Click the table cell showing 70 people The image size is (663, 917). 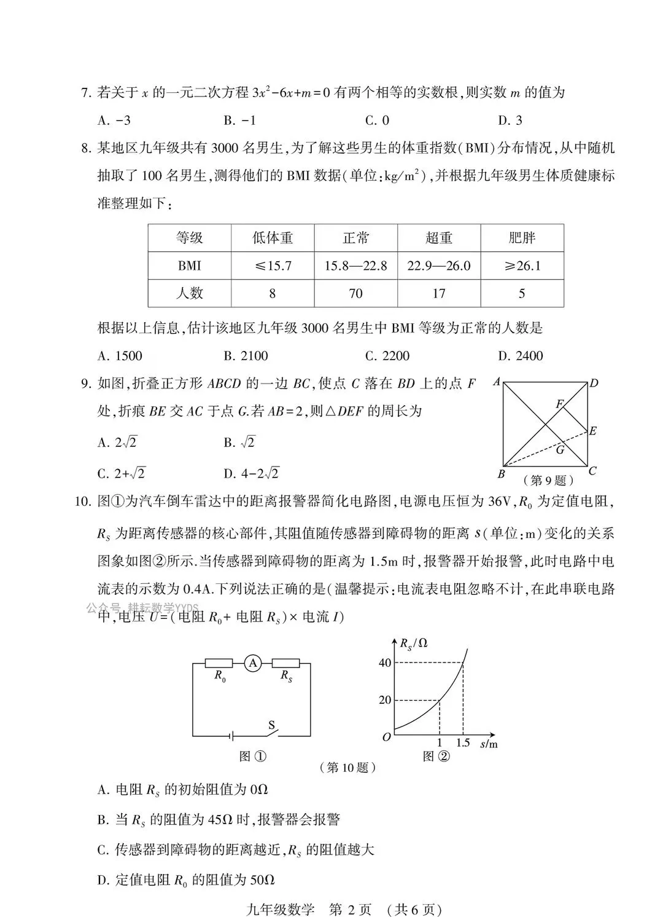pos(355,293)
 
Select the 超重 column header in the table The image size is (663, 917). pos(438,238)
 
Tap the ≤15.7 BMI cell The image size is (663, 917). pos(273,266)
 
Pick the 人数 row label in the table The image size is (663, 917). pos(189,293)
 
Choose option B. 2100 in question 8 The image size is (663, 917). pos(246,356)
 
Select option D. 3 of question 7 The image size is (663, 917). pos(510,120)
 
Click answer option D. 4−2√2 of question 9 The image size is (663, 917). pos(251,473)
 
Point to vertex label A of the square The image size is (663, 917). pos(496,382)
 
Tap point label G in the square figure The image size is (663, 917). pos(560,450)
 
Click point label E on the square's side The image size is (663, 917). pos(592,431)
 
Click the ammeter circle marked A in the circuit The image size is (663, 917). pos(252,663)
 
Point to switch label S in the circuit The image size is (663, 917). pos(271,725)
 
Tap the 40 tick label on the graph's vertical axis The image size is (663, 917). pos(385,663)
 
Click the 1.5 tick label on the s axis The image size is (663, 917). pos(463,743)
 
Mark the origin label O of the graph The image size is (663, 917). pos(386,736)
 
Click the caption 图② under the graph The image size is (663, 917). pos(436,757)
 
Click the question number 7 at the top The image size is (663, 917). pos(85,93)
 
